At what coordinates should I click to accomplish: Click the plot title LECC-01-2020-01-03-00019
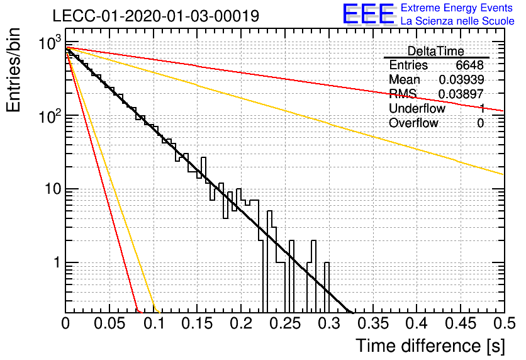(x=156, y=16)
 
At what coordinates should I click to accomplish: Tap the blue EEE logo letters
(x=369, y=14)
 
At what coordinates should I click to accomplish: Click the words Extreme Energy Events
(x=457, y=8)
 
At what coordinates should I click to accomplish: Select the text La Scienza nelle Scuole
(x=457, y=21)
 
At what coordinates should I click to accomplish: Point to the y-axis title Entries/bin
(x=14, y=70)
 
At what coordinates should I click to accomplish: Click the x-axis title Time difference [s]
(x=430, y=346)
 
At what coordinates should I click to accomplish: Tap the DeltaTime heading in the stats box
(x=436, y=52)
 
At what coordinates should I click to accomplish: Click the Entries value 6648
(x=469, y=65)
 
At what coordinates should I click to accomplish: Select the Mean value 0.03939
(x=461, y=79)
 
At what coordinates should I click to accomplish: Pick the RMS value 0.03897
(x=461, y=94)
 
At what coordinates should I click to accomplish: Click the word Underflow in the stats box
(x=417, y=108)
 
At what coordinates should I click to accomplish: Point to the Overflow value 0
(x=480, y=123)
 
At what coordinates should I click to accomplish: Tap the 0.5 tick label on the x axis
(x=504, y=323)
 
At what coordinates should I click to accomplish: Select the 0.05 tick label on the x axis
(x=109, y=323)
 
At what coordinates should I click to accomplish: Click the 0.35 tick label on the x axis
(x=373, y=323)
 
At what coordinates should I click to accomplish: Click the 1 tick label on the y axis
(x=57, y=262)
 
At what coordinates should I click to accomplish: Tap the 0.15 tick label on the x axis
(x=198, y=323)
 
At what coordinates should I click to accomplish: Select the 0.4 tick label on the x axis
(x=417, y=323)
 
